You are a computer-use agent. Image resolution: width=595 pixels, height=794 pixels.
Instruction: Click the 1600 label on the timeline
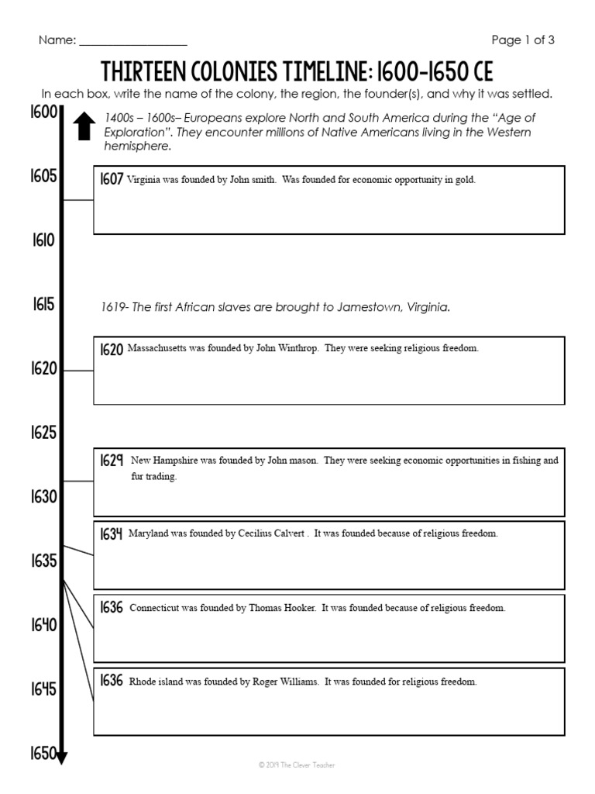[43, 112]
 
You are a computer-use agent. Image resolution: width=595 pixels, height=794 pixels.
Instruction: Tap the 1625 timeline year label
[43, 433]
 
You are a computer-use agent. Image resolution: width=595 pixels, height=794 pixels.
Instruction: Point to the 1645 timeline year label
[43, 689]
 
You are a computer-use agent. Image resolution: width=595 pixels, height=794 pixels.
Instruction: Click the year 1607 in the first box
[111, 179]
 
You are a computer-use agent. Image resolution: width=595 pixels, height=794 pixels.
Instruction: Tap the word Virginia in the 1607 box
[144, 180]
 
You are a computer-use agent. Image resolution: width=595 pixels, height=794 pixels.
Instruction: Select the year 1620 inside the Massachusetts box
[111, 350]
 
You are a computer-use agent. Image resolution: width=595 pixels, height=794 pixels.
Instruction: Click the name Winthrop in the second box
[297, 349]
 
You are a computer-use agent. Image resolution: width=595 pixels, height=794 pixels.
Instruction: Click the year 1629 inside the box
[112, 461]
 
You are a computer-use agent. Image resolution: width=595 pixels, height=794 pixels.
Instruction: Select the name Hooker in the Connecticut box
[299, 609]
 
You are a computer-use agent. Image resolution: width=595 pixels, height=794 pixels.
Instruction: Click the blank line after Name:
[132, 41]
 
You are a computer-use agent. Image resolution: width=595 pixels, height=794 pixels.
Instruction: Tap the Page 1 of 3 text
[523, 40]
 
